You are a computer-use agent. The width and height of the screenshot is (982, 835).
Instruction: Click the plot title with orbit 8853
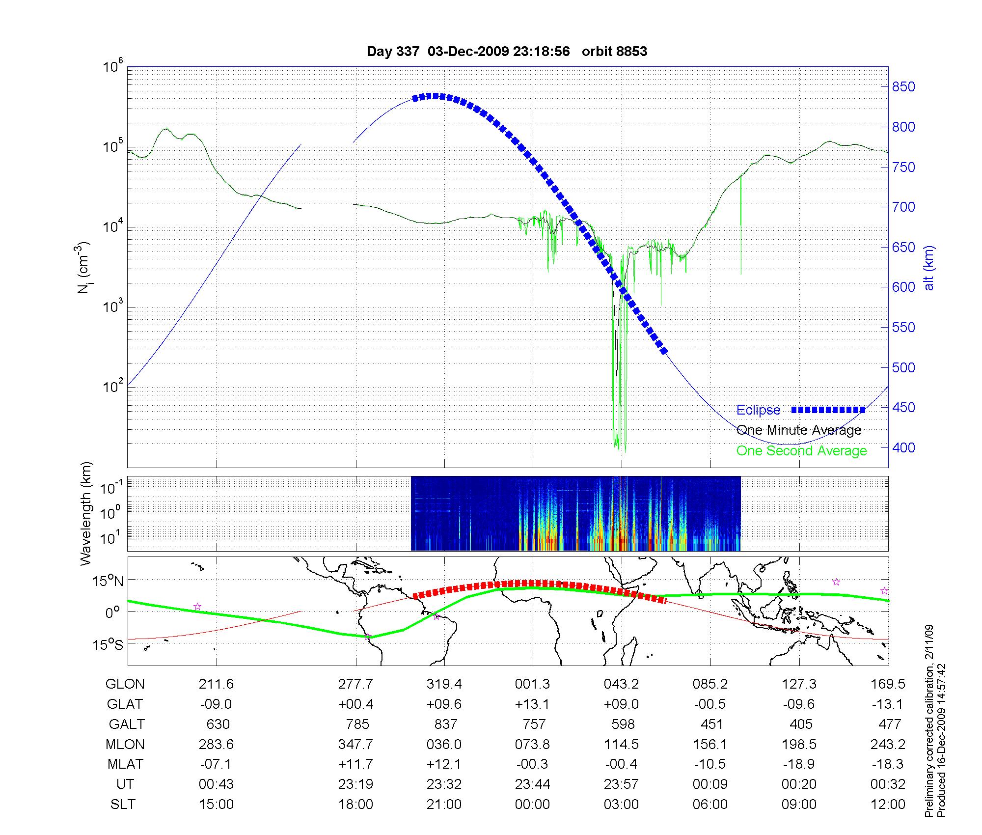507,52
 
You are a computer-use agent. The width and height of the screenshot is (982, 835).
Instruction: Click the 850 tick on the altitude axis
903,87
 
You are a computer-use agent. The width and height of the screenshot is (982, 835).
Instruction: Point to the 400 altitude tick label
903,447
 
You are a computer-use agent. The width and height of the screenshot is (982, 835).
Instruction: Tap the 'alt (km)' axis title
928,268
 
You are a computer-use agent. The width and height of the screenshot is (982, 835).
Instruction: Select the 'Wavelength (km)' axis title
86,513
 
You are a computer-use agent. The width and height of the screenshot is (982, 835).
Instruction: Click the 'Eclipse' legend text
758,410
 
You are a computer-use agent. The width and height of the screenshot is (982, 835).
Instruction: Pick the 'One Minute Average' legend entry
799,430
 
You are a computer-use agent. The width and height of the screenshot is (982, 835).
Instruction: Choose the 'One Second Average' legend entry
801,451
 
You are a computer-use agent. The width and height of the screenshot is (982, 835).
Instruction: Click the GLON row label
125,684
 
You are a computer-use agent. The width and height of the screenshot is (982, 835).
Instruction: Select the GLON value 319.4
444,684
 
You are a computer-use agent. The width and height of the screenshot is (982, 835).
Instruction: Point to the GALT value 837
445,724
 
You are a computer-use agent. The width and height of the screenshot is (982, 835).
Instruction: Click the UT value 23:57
621,784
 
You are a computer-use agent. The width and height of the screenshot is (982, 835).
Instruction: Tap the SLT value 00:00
533,805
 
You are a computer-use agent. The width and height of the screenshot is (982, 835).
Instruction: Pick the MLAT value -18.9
799,764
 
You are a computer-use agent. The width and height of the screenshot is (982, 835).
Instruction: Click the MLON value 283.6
217,745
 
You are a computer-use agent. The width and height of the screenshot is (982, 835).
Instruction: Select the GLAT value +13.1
533,704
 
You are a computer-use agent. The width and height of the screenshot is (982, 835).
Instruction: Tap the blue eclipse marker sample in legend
828,410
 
